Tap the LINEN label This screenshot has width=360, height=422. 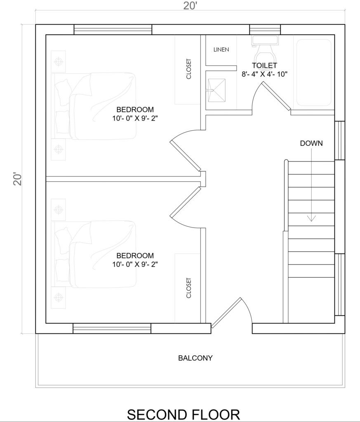pos(221,49)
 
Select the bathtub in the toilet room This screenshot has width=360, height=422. pos(314,73)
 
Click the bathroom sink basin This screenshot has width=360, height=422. pos(216,91)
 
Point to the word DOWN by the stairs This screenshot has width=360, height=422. pos(311,143)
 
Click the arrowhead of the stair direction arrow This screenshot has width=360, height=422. pos(311,218)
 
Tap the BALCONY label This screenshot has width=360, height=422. pos(195,358)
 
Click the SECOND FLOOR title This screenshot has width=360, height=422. pos(184,415)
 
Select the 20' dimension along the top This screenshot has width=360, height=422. pos(191,6)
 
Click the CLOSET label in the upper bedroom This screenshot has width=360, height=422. pos(188,69)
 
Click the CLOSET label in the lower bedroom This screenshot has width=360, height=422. pos(188,288)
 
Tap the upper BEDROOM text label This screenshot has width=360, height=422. pos(135,110)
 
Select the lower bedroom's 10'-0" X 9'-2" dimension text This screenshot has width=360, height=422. pos(135,264)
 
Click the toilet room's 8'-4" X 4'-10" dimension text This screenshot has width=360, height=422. pos(264,74)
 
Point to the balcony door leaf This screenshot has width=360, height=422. pos(226,313)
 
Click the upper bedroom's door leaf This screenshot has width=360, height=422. pos(185,155)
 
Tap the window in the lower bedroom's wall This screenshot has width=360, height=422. pos(112,328)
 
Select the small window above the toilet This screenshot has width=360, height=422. pos(265,30)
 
